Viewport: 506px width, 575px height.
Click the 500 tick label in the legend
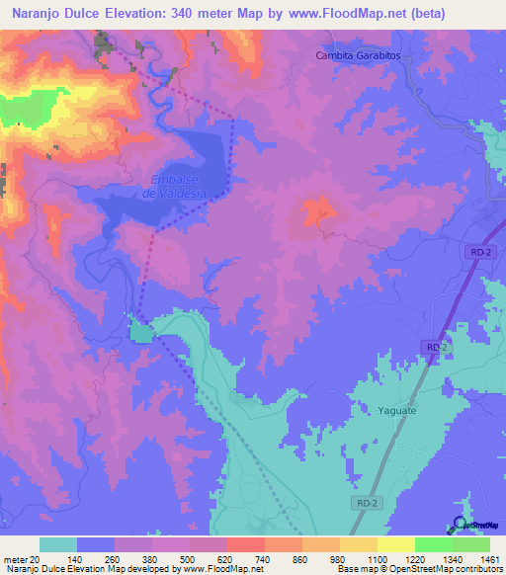[x=189, y=558]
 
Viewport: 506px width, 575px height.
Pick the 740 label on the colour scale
[x=264, y=558]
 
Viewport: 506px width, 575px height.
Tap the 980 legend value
[x=339, y=558]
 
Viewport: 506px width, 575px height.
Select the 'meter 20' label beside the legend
[x=23, y=558]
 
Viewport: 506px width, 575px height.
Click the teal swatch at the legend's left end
[x=58, y=544]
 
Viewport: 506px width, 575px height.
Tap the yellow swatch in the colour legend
[x=395, y=544]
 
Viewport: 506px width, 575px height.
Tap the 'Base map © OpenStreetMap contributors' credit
[x=418, y=569]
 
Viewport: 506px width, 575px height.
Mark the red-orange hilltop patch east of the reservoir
[x=318, y=212]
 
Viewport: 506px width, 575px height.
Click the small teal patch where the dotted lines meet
[x=141, y=331]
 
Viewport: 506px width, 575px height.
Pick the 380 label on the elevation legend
[x=151, y=558]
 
